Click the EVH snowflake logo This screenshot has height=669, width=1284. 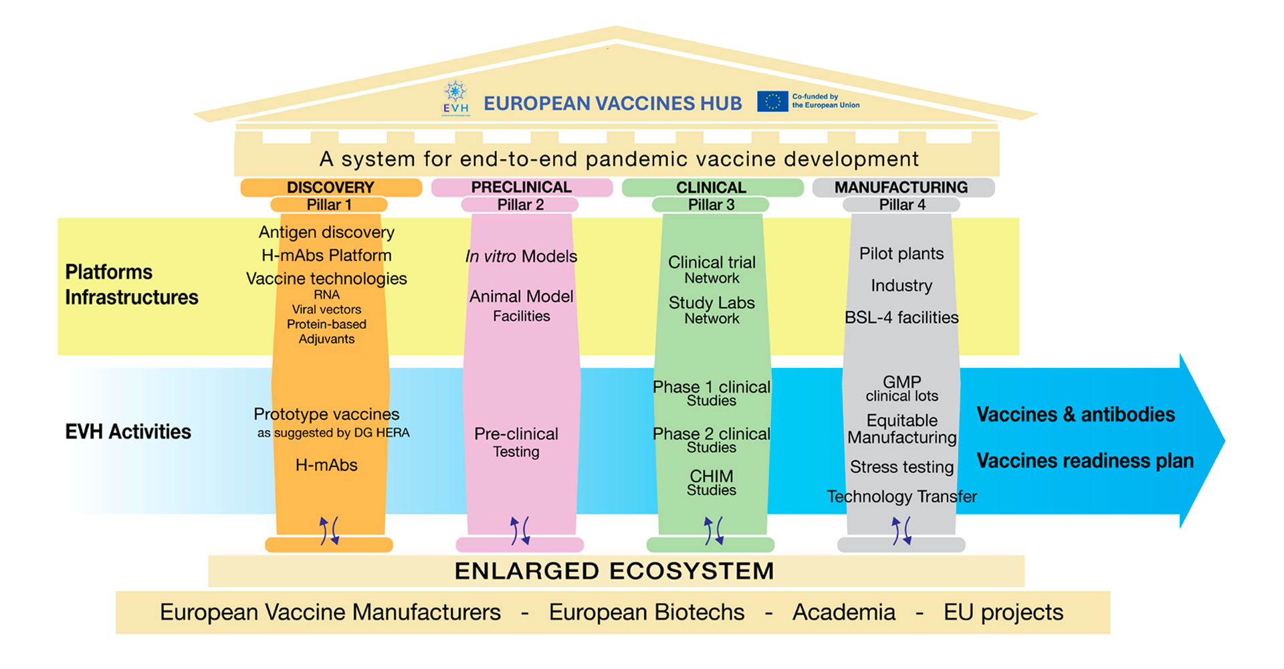pos(455,98)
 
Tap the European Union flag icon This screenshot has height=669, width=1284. pos(772,101)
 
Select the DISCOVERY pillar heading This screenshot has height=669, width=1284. pos(330,187)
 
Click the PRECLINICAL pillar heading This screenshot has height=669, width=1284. pos(522,187)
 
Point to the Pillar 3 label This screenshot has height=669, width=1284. pos(712,205)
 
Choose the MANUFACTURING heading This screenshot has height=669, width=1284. pos(901,187)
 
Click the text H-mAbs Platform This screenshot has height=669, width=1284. pos(326,256)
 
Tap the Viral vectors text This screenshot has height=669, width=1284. pos(326,310)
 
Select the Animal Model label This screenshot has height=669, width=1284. pos(522,296)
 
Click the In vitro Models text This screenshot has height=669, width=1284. pos(522,256)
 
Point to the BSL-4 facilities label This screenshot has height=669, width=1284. pos(901,317)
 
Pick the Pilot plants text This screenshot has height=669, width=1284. pos(901,254)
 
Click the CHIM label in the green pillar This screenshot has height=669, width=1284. pos(712,476)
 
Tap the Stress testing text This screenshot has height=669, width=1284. pos(901,467)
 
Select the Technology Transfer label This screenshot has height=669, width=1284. pos(901,496)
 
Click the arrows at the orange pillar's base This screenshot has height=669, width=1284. pos(329,531)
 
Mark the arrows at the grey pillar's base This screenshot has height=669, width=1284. pos(901,531)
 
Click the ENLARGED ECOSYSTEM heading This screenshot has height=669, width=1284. pos(615,571)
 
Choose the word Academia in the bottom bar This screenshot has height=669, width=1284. pos(844,612)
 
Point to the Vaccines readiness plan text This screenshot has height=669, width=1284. pos(1085,461)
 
